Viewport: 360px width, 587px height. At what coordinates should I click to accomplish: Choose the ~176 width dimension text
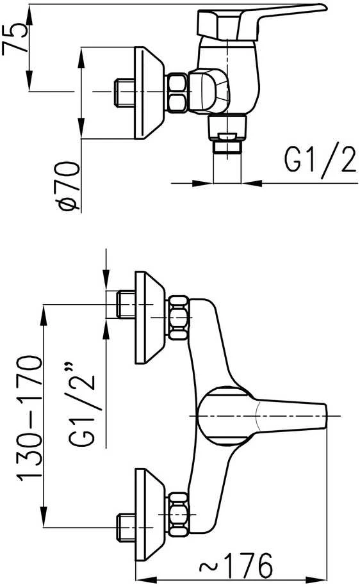[x=236, y=565]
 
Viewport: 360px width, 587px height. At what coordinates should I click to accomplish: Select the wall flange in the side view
[x=149, y=93]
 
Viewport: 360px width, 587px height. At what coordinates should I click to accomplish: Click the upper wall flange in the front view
[x=149, y=318]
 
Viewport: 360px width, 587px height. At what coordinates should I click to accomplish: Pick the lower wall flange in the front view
[x=149, y=515]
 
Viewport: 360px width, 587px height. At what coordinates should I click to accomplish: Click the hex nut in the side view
[x=177, y=93]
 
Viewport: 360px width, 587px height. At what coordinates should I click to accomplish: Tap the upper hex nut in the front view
[x=178, y=318]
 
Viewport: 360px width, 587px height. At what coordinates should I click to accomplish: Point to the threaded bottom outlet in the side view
[x=227, y=134]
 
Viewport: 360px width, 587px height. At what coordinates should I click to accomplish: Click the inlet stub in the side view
[x=124, y=92]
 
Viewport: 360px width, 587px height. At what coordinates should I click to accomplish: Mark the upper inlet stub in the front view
[x=126, y=304]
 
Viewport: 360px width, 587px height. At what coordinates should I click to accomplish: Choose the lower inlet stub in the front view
[x=126, y=527]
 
